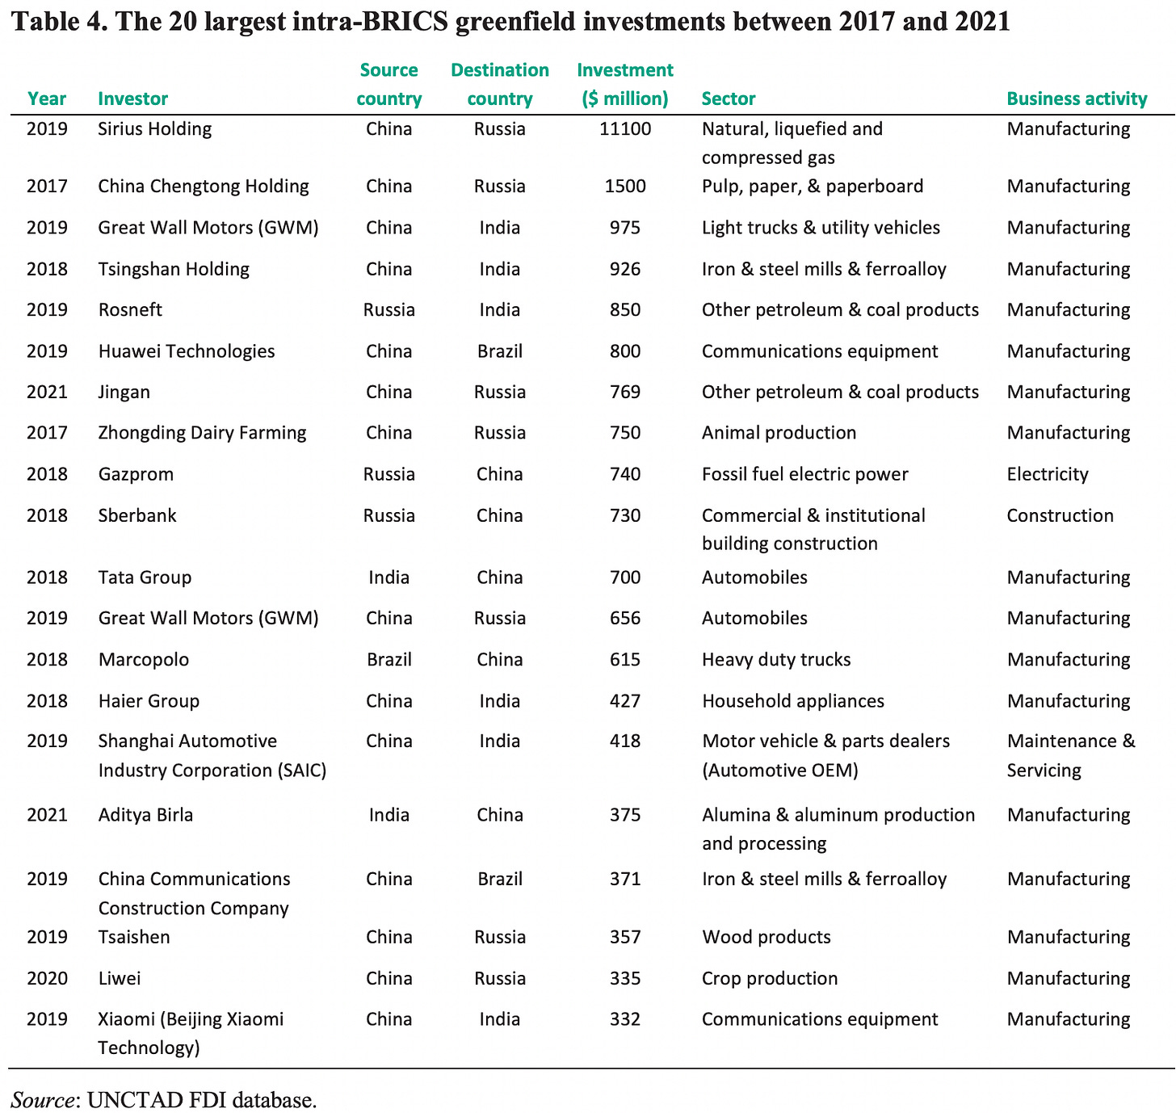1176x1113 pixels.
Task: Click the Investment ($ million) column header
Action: click(624, 85)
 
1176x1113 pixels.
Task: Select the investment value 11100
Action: click(624, 129)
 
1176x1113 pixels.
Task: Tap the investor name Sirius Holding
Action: click(154, 129)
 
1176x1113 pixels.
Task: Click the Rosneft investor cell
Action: click(130, 310)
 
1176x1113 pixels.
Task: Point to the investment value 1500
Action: click(624, 187)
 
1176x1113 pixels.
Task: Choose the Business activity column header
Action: click(1076, 99)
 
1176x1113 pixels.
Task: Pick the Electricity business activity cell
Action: click(1047, 474)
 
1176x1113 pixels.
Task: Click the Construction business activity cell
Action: click(1060, 515)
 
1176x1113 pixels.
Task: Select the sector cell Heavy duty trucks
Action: click(775, 660)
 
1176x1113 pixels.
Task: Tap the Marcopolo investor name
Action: click(143, 660)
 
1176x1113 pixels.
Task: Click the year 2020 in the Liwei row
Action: click(47, 979)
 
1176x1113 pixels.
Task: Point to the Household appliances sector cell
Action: click(792, 701)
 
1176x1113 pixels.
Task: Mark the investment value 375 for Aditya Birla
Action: click(624, 815)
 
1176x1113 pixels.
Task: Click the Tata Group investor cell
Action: click(145, 577)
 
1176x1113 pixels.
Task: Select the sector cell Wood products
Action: click(766, 938)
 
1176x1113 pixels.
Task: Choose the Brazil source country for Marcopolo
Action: click(388, 660)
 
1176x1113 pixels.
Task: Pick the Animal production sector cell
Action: click(779, 433)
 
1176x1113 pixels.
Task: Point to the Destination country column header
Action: click(499, 85)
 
